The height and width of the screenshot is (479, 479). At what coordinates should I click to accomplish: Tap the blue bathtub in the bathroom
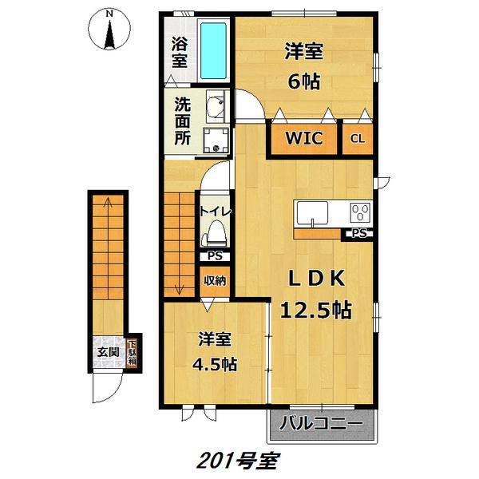click(x=212, y=49)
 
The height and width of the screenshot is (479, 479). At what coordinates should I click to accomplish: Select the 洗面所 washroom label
click(x=183, y=119)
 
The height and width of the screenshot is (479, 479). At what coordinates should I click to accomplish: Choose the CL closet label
click(x=357, y=138)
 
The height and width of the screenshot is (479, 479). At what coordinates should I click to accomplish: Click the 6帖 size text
click(x=304, y=80)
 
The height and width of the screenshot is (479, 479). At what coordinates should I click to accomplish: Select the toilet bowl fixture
click(x=215, y=234)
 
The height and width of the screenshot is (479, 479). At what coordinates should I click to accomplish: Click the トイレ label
click(x=215, y=212)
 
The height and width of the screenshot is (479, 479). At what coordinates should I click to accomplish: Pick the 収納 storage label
click(x=214, y=280)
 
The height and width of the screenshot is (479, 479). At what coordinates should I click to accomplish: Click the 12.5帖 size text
click(x=316, y=308)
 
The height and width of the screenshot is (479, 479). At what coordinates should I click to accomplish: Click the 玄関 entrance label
click(x=108, y=352)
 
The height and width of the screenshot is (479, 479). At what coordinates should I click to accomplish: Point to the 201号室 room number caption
click(x=237, y=461)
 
